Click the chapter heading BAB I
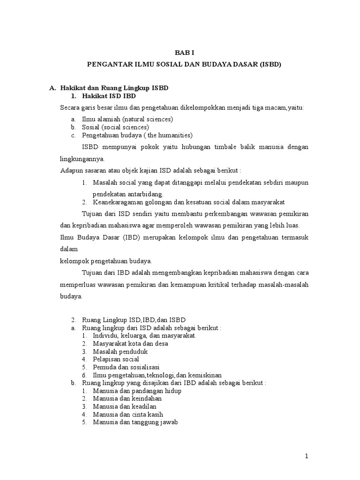(x=180, y=53)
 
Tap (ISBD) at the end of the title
(x=269, y=65)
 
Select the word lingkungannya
(x=82, y=158)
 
